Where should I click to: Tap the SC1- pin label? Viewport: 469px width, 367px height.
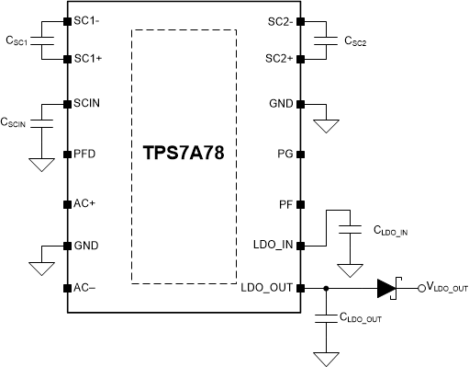click(90, 20)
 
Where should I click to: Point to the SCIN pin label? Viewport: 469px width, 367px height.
click(90, 105)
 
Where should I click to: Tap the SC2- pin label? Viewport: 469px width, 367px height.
click(278, 20)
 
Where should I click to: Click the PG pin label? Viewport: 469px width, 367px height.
click(285, 154)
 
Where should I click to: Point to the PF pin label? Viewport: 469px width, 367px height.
click(285, 203)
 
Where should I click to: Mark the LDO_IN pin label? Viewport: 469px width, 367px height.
click(272, 246)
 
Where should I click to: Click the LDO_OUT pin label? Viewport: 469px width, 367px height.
click(267, 287)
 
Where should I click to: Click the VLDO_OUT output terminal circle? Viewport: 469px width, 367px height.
click(421, 288)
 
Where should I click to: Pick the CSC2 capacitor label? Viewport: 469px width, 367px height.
click(358, 40)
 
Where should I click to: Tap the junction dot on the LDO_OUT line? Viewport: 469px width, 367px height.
click(327, 288)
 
